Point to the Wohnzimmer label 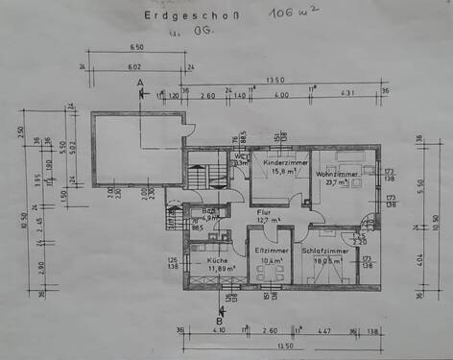coord(341,174)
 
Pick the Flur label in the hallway coord(264,210)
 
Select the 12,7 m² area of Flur coord(268,220)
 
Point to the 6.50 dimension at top coord(136,47)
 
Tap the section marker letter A coord(140,85)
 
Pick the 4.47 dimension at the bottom coord(324,330)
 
